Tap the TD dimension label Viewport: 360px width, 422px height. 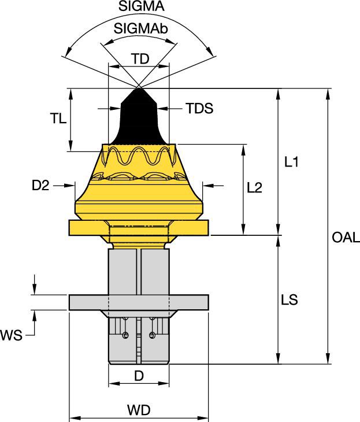point(139,59)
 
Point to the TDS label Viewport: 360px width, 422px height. point(199,108)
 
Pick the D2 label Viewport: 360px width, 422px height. point(41,186)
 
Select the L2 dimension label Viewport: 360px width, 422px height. point(255,187)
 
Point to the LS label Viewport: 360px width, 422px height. point(290,300)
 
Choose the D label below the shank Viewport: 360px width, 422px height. point(139,376)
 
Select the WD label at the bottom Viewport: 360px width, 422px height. point(139,410)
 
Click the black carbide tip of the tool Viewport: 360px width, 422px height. point(139,116)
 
